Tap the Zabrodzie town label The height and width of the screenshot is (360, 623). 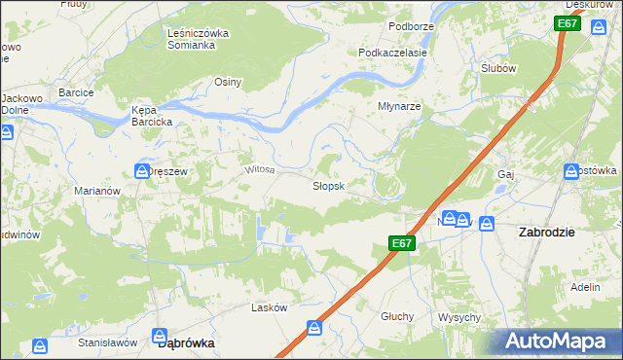pos(546,233)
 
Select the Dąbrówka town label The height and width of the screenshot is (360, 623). pos(185,343)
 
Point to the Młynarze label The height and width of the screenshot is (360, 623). pos(399,107)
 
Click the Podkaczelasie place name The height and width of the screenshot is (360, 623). pos(392,53)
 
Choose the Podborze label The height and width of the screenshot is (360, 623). pos(410,26)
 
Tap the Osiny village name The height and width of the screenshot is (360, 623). pos(228,83)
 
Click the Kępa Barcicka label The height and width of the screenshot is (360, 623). pos(152,116)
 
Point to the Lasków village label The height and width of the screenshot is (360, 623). pos(269,307)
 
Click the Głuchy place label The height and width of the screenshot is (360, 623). pos(398,316)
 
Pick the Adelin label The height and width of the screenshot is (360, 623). pos(585,288)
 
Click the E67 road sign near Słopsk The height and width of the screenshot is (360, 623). pos(403,243)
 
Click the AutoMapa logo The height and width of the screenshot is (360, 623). pos(558,342)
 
